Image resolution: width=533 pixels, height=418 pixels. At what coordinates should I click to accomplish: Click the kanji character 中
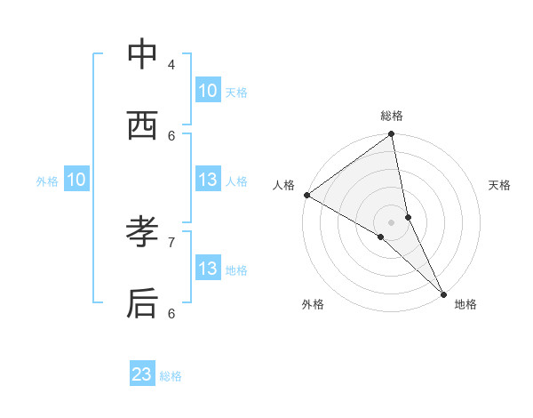click(142, 55)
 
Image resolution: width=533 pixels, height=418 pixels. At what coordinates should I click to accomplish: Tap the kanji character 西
click(142, 126)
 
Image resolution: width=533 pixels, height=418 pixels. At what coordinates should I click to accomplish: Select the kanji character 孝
click(142, 233)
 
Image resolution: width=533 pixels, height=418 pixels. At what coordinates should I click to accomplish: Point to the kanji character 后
click(142, 303)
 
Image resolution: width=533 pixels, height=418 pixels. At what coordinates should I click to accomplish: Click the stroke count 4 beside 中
click(171, 64)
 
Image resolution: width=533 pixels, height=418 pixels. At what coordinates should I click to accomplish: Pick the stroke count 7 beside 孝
click(171, 241)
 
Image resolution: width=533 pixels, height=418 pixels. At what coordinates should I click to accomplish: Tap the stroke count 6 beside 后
click(171, 312)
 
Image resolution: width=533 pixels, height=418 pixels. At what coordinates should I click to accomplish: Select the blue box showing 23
click(142, 374)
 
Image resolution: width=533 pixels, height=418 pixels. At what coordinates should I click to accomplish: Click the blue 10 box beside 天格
click(208, 91)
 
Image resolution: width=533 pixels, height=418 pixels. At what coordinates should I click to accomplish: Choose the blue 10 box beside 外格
click(76, 180)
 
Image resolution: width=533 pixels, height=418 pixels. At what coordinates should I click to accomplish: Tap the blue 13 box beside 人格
click(208, 180)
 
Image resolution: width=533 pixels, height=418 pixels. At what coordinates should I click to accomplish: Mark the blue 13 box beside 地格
click(208, 269)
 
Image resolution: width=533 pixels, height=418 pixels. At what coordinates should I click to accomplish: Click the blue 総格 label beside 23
click(171, 376)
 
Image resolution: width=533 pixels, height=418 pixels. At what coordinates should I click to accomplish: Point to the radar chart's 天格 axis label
click(500, 185)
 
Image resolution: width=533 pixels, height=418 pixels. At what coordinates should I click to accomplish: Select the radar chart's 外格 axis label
click(313, 304)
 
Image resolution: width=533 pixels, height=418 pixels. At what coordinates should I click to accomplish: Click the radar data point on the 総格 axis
click(391, 135)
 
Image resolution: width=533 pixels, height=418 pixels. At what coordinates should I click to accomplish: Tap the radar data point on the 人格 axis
click(306, 195)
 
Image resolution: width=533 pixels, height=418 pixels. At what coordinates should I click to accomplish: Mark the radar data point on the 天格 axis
click(408, 217)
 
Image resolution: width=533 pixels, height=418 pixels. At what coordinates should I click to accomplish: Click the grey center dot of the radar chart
click(391, 222)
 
